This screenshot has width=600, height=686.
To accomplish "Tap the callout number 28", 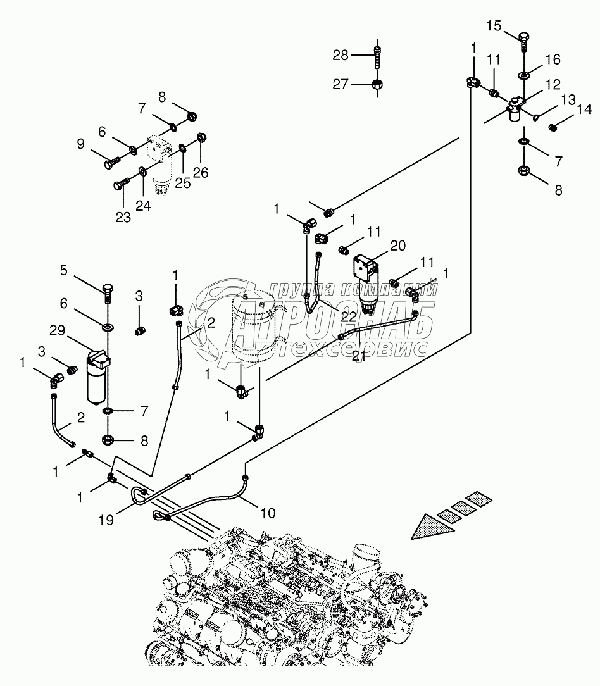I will coord(341,56).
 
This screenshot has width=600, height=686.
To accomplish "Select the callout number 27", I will coord(341,84).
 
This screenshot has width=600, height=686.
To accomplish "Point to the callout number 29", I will coord(58,330).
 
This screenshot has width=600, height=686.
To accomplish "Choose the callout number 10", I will coord(268,513).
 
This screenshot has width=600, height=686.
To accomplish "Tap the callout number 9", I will coord(80,144).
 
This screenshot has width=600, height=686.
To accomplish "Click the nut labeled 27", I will coord(377,84).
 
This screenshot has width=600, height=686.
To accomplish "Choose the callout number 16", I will coord(553,60).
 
